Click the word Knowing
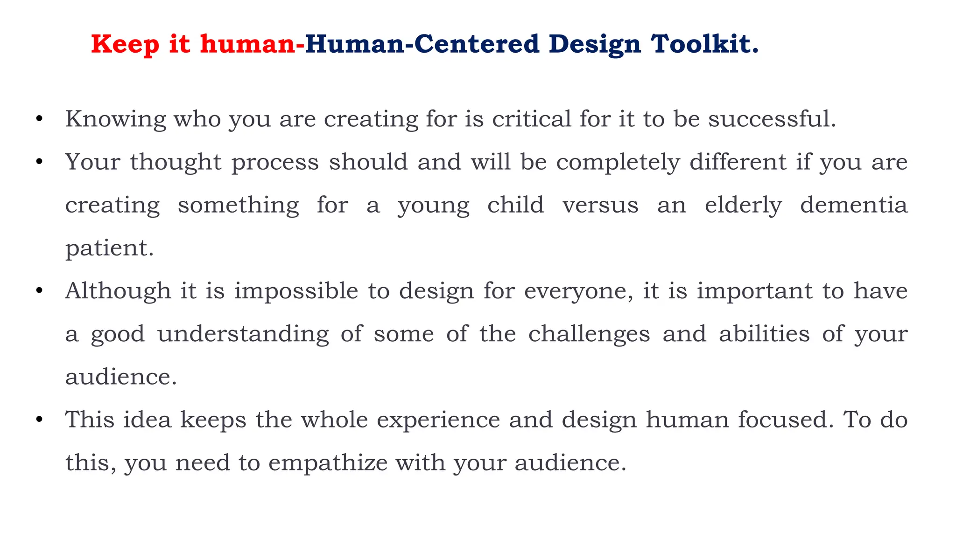pyautogui.click(x=115, y=119)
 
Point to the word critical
pyautogui.click(x=532, y=119)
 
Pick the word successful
pyautogui.click(x=772, y=119)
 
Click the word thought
pyautogui.click(x=176, y=162)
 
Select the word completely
pyautogui.click(x=618, y=163)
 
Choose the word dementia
pyautogui.click(x=854, y=205)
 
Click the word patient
pyautogui.click(x=109, y=248)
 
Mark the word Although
pyautogui.click(x=118, y=291)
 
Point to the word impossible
pyautogui.click(x=296, y=291)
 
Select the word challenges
pyautogui.click(x=589, y=334)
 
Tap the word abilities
pyautogui.click(x=764, y=334)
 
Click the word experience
pyautogui.click(x=438, y=420)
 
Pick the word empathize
pyautogui.click(x=328, y=463)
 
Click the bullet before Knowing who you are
pyautogui.click(x=39, y=119)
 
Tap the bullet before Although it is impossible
pyautogui.click(x=39, y=291)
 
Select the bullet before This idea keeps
pyautogui.click(x=39, y=420)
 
